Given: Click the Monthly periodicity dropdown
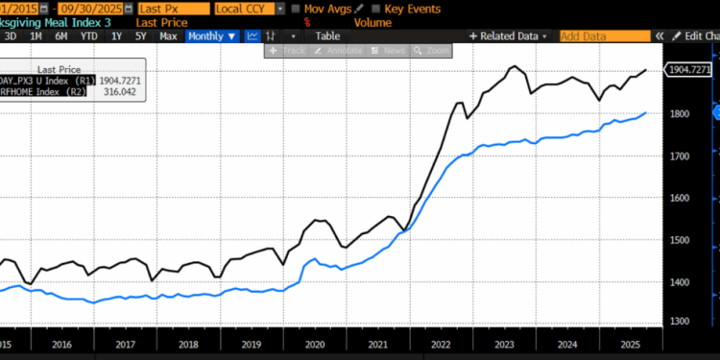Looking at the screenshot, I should point(210,36).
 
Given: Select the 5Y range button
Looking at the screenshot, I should point(141,36).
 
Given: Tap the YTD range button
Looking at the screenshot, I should point(87,36).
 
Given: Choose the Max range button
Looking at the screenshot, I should point(168,36).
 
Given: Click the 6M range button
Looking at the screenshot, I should point(60,36).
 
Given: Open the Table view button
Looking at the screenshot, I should point(327,36).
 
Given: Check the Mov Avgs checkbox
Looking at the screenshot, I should point(296,8).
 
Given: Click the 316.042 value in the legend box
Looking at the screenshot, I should point(122,92).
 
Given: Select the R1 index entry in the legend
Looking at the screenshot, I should point(58,81).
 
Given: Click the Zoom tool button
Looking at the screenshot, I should point(437,49).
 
